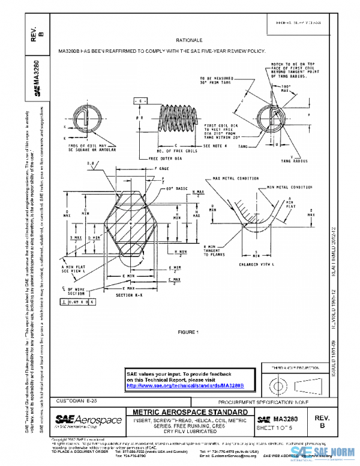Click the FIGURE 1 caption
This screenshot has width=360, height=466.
click(x=188, y=331)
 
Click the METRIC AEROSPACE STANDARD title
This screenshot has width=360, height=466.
click(x=190, y=412)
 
